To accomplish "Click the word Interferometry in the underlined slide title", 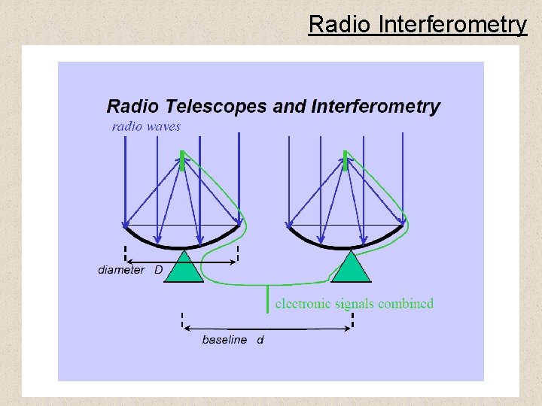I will tap(452, 25).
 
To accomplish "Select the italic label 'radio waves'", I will tap(146, 126).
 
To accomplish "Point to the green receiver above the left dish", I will tap(182, 161).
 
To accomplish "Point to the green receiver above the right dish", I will tap(346, 161).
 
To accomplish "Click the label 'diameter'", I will tap(121, 270).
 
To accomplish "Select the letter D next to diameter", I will tap(159, 270).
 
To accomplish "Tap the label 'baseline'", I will tap(224, 340).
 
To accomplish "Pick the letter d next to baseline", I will tap(260, 340).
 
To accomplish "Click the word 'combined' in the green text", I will tap(406, 304).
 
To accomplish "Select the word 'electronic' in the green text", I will tap(305, 304).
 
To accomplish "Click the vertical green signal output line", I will tap(268, 299).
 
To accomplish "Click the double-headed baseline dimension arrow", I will tap(267, 329).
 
